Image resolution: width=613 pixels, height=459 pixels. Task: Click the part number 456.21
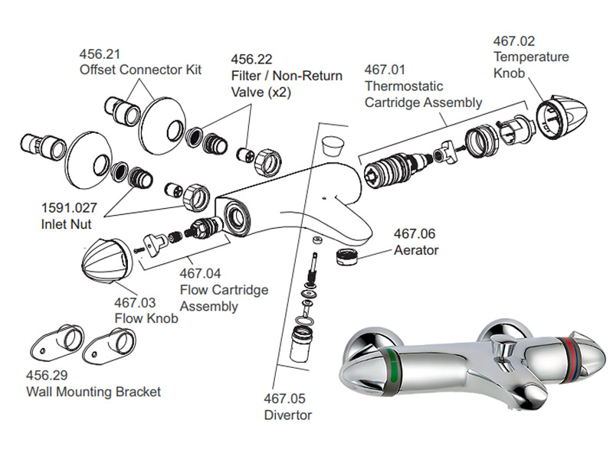coord(100,54)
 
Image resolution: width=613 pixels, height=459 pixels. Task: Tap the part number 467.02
coord(513,41)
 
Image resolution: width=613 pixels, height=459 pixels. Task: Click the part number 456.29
coord(46,376)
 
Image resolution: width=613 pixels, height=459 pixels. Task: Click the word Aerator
coord(417,250)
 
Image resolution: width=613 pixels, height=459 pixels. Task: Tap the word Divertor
coord(288,415)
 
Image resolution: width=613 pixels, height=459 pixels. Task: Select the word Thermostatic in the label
coord(404,86)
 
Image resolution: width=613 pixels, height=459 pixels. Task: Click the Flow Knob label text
coord(146,318)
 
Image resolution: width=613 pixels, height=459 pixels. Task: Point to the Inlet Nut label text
coord(67,225)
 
